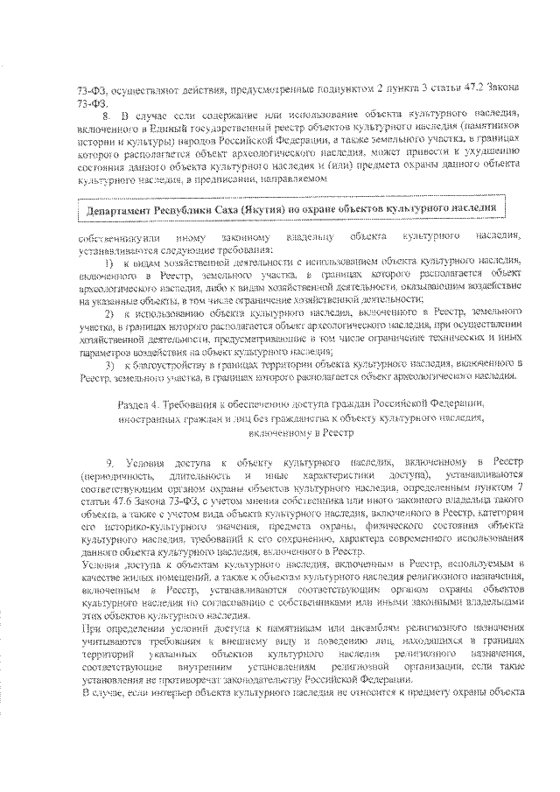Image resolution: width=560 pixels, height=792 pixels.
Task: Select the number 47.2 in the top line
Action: coord(459,90)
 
